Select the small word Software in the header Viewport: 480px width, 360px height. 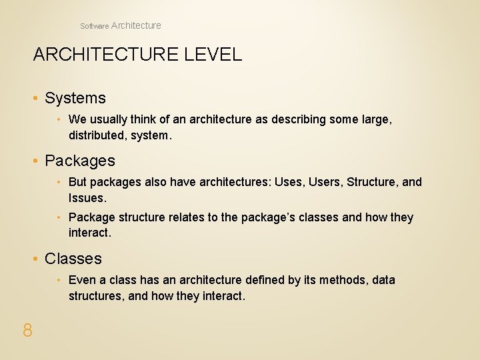click(94, 26)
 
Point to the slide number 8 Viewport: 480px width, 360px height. click(27, 329)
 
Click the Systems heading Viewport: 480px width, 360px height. click(75, 98)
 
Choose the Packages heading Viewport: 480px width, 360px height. click(79, 161)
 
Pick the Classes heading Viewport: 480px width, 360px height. click(73, 259)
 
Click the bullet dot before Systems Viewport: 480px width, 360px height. click(36, 99)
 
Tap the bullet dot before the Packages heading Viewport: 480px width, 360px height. click(36, 161)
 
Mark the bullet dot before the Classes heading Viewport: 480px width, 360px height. click(36, 259)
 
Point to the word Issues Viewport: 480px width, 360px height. click(86, 198)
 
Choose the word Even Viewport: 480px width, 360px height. click(82, 280)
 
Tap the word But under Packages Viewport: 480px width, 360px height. click(78, 182)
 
